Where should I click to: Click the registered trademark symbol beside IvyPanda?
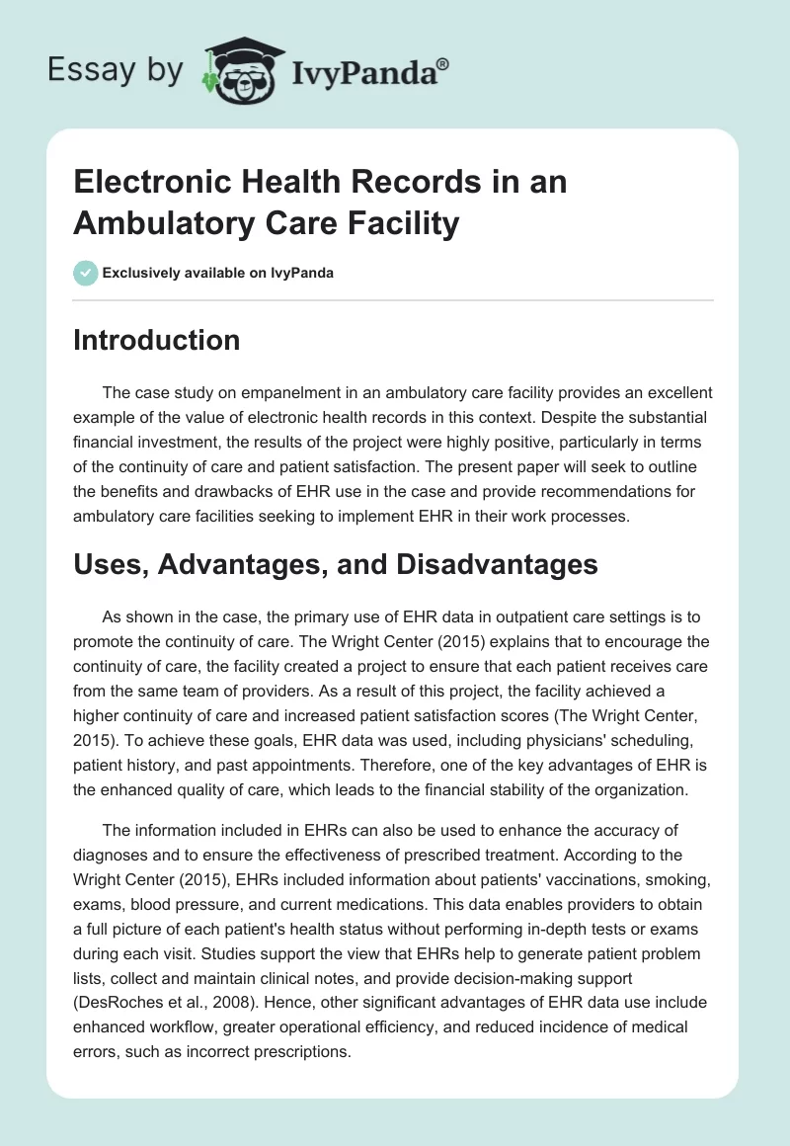444,63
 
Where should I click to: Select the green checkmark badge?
86,273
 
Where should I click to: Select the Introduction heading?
156,341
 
